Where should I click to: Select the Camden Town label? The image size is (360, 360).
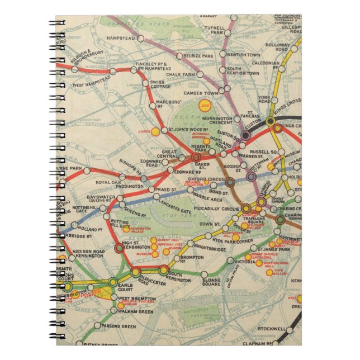tap(202, 93)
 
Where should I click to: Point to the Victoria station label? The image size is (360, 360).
tap(245, 261)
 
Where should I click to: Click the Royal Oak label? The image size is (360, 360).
tap(107, 182)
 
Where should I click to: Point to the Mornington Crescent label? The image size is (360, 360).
tap(216, 121)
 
